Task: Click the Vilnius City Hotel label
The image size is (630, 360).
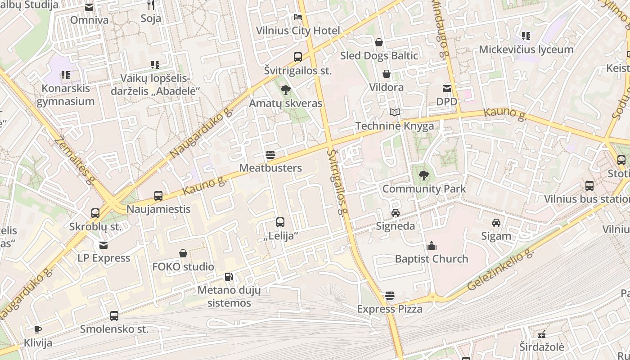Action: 298,31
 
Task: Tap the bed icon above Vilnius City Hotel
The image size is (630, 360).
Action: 298,17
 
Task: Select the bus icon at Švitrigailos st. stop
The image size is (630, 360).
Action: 298,57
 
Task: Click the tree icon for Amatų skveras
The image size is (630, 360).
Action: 285,90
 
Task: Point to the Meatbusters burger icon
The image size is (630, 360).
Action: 270,155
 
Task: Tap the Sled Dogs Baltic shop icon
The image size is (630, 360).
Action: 379,42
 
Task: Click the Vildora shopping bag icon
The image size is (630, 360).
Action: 387,74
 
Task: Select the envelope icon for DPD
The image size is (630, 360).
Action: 447,89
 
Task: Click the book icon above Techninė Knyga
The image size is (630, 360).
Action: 395,112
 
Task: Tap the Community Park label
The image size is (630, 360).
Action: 424,189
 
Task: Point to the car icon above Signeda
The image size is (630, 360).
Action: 396,213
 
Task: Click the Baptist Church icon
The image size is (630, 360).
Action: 432,246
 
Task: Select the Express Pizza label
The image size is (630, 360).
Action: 390,309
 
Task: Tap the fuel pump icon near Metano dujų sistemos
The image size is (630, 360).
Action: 229,276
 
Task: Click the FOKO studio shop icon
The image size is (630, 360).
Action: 183,254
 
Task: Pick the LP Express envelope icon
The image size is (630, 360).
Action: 104,245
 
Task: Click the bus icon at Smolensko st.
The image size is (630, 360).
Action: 114,316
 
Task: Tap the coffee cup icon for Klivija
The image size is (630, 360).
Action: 38,330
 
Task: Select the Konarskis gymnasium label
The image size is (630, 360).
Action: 66,94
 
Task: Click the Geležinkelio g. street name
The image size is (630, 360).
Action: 500,270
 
